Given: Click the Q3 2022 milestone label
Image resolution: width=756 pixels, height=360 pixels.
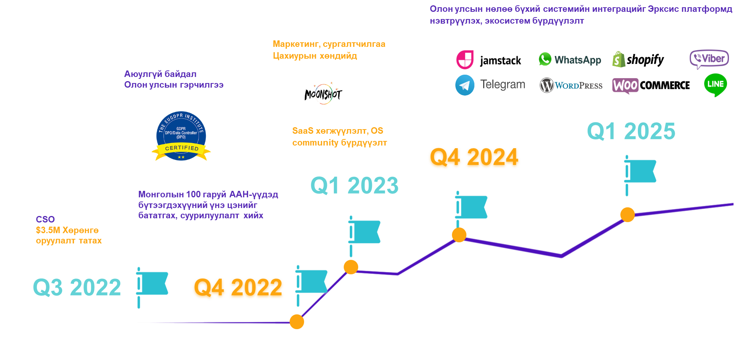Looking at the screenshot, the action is [77, 287].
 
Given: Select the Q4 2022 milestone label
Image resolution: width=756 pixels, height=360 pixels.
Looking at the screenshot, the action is [238, 287].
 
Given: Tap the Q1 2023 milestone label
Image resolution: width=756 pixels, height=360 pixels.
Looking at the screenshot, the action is [354, 186].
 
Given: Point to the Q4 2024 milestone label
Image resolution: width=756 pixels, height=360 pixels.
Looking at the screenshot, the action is [474, 157].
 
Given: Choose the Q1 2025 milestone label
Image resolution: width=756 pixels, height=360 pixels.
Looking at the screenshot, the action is [631, 131].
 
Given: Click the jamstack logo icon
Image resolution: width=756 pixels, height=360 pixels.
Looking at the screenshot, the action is [465, 59].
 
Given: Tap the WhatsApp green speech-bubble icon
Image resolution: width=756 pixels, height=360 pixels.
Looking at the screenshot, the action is [545, 59].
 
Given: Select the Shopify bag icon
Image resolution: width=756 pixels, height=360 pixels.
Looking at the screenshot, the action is [618, 59].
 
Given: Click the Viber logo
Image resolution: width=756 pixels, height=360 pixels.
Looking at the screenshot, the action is [709, 59].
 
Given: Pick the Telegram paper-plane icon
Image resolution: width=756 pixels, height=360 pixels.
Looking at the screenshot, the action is [465, 85].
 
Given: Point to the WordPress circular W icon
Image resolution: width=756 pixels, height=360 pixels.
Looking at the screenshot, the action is [546, 85].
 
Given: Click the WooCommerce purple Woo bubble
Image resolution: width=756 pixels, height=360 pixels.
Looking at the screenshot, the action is [625, 86].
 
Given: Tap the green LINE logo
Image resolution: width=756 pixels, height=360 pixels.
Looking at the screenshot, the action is [716, 85].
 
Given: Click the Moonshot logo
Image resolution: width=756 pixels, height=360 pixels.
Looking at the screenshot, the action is [323, 93].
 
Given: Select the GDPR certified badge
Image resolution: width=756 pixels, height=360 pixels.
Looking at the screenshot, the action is [181, 136].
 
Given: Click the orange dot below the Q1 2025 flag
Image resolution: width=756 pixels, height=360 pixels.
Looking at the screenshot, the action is [628, 214].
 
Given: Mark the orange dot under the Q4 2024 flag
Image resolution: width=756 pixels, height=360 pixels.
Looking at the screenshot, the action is [459, 235].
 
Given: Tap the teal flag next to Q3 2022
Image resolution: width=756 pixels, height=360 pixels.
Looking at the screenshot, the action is [152, 287].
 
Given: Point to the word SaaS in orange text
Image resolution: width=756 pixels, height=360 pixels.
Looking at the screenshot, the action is [303, 131].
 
